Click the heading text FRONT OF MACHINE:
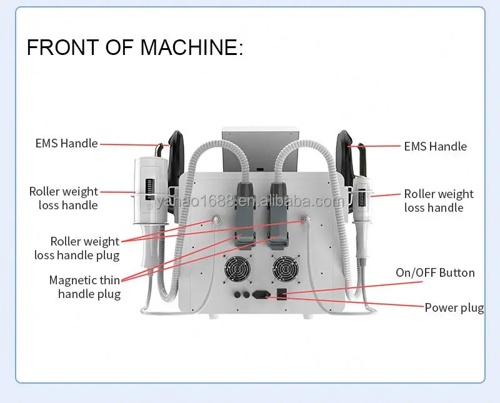coord(135,48)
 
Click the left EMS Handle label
coord(66,143)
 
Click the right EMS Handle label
coord(435,146)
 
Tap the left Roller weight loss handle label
coord(63,198)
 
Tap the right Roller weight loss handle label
coord(438,201)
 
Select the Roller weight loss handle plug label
coord(85,248)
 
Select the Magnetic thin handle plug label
coord(85,287)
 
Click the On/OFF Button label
coord(435,273)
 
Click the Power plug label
coord(454,307)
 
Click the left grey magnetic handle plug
coord(244,212)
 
